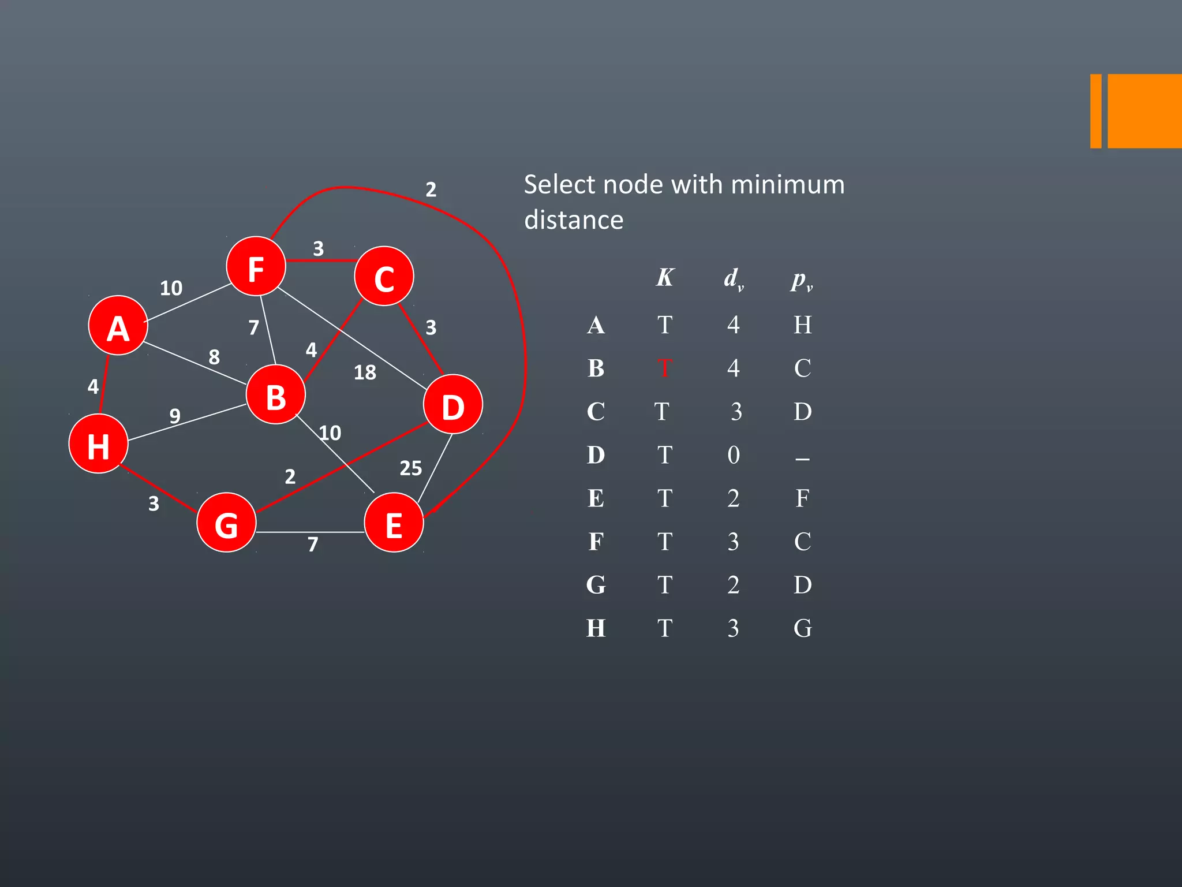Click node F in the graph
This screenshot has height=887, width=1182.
click(x=256, y=266)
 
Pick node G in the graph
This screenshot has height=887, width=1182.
click(x=226, y=523)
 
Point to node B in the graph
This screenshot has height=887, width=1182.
click(x=275, y=395)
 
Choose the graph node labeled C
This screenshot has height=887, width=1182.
click(x=384, y=277)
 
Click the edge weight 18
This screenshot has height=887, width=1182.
click(x=365, y=372)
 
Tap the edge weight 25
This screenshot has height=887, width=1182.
click(x=410, y=468)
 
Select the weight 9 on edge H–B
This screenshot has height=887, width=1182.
click(x=175, y=415)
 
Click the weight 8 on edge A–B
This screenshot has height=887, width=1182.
click(x=214, y=357)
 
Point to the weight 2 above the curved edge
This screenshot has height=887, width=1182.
click(x=431, y=189)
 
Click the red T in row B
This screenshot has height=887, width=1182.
click(x=664, y=368)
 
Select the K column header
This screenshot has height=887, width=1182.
click(x=664, y=278)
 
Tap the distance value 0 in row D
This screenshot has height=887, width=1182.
click(x=733, y=455)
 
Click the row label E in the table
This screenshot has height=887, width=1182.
click(x=596, y=498)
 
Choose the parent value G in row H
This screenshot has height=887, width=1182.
click(x=802, y=628)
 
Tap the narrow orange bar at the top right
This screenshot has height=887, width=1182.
click(x=1095, y=111)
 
